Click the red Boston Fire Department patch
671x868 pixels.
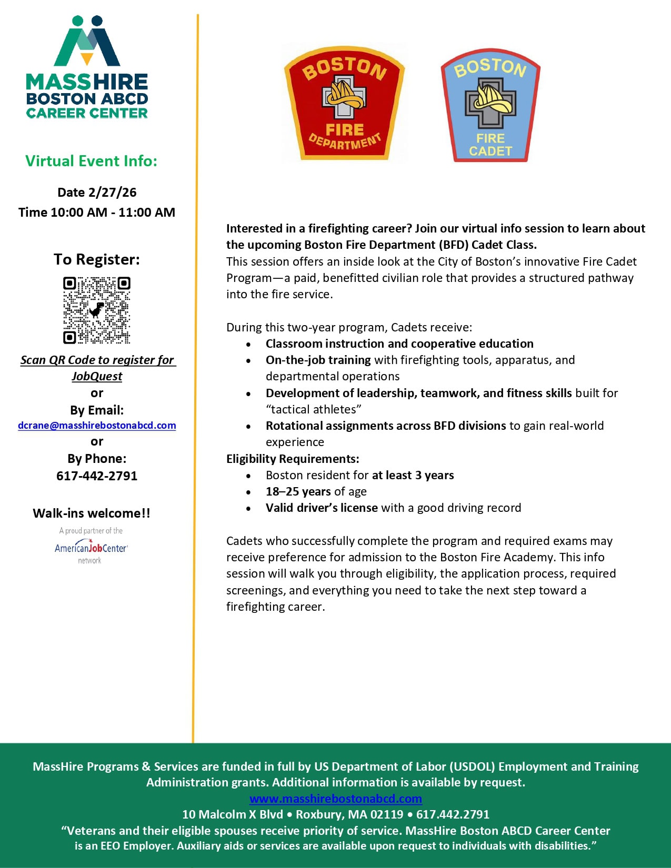pyautogui.click(x=344, y=103)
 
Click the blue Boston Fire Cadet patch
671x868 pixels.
pyautogui.click(x=490, y=106)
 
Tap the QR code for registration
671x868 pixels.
pyautogui.click(x=97, y=310)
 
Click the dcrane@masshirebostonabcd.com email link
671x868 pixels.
pyautogui.click(x=97, y=426)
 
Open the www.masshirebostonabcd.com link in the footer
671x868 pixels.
pyautogui.click(x=336, y=799)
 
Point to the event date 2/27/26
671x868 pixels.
pyautogui.click(x=97, y=193)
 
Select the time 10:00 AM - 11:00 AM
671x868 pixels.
pyautogui.click(x=97, y=213)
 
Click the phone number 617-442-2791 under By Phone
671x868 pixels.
pyautogui.click(x=97, y=476)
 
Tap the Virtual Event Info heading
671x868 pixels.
pyautogui.click(x=92, y=161)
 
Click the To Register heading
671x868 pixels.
pyautogui.click(x=97, y=259)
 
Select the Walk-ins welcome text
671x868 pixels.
pyautogui.click(x=92, y=513)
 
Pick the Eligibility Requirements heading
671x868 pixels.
pyautogui.click(x=293, y=459)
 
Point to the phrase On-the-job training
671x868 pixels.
pyautogui.click(x=318, y=360)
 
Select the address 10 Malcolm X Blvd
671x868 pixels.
pyautogui.click(x=233, y=814)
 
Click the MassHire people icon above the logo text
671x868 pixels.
pyautogui.click(x=87, y=41)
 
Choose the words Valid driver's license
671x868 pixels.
pyautogui.click(x=322, y=508)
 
